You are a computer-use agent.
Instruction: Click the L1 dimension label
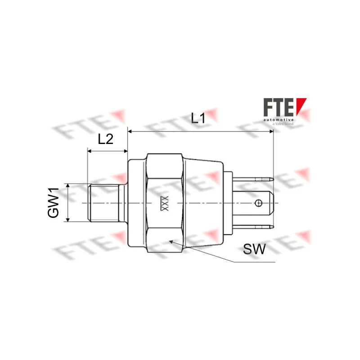click(x=198, y=118)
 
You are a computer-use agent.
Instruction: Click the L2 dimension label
click(x=105, y=139)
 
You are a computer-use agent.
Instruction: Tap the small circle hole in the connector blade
click(x=258, y=203)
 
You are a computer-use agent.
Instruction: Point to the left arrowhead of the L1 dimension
click(x=131, y=131)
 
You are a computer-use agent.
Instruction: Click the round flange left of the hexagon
click(x=137, y=203)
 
